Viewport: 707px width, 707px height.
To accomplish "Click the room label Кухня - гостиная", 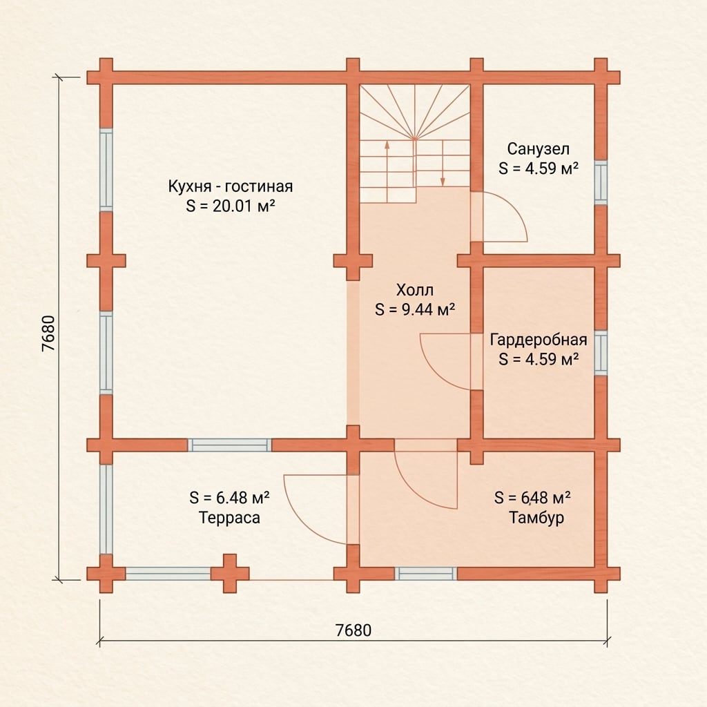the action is pos(231,186).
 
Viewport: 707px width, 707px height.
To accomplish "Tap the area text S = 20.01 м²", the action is pos(231,206).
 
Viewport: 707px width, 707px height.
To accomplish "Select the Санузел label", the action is pos(539,149).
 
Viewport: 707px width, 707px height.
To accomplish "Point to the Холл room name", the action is pos(415,290).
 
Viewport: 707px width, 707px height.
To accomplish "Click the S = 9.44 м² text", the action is pos(415,310).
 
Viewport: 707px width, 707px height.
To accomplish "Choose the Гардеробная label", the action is pos(539,340).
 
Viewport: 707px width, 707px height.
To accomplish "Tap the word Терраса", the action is pos(229,518).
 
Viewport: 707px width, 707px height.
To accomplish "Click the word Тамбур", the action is pos(536,518).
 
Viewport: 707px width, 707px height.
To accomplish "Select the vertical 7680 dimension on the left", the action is pos(48,333).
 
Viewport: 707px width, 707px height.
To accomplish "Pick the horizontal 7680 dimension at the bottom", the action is pos(353,630).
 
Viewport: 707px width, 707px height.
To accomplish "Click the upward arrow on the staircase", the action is pos(387,171).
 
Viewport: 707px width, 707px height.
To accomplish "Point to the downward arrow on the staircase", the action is pos(443,163).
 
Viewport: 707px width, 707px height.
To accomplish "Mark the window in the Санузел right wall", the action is pos(601,182).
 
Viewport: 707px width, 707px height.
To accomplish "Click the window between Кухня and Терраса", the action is pos(229,445).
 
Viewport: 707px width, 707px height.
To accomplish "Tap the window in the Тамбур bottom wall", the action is pos(425,574).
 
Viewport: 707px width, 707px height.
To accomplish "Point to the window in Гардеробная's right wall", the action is pos(601,353).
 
